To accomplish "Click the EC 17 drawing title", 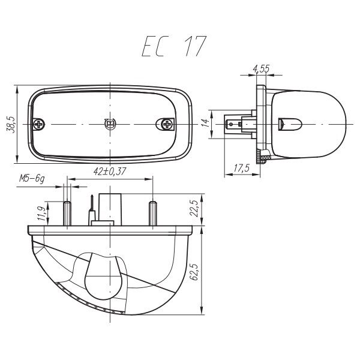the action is pos(174,46).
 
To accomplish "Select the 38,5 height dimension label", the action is pos(10,125).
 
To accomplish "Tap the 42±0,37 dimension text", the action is pos(110,172).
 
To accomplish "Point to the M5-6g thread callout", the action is pos(32,179).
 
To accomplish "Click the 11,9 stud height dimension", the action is pos(41,214).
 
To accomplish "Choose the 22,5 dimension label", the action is pos(194,208).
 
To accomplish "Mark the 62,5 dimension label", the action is pos(194,272).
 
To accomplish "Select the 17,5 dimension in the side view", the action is pos(242,168).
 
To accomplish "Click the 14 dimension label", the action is pos(206,123).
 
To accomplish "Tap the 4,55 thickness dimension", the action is pos(261,69).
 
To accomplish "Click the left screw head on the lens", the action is pos(39,124).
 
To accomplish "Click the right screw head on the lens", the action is pos(166,124).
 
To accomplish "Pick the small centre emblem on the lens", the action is pos(110,124).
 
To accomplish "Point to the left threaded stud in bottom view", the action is pos(67,213).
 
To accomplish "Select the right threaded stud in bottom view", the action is pos(153,213).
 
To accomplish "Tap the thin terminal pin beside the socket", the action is pos(92,210).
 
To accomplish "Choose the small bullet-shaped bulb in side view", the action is pos(290,124).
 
